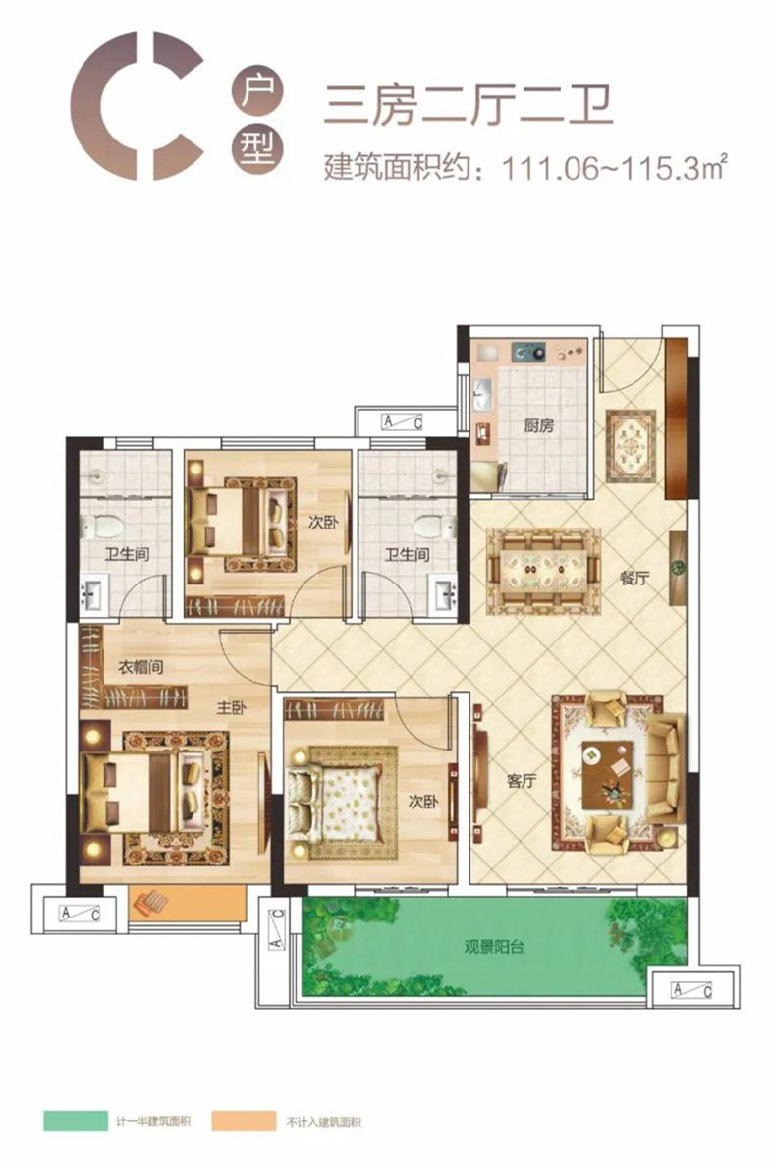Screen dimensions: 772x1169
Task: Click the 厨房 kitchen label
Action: [x=539, y=426]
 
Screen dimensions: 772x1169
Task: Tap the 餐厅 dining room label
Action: [x=634, y=578]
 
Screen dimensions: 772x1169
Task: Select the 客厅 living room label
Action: [x=521, y=781]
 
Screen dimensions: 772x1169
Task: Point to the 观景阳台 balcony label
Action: [x=494, y=947]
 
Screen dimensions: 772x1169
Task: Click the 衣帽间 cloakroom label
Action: [x=140, y=667]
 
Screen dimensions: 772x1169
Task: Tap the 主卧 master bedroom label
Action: [x=231, y=706]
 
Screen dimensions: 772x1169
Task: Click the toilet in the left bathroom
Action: [x=100, y=528]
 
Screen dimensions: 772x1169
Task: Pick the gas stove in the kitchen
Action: [x=528, y=351]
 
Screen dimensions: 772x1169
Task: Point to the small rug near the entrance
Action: [x=631, y=446]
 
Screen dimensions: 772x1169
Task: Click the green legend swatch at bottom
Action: [x=76, y=1121]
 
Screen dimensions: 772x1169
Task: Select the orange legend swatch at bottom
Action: [x=244, y=1121]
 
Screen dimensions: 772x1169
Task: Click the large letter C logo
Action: [x=137, y=106]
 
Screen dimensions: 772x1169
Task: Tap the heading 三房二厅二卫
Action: [x=469, y=105]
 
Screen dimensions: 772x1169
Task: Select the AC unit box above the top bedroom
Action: [x=403, y=422]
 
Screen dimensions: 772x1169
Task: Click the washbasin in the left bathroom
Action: [x=93, y=594]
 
